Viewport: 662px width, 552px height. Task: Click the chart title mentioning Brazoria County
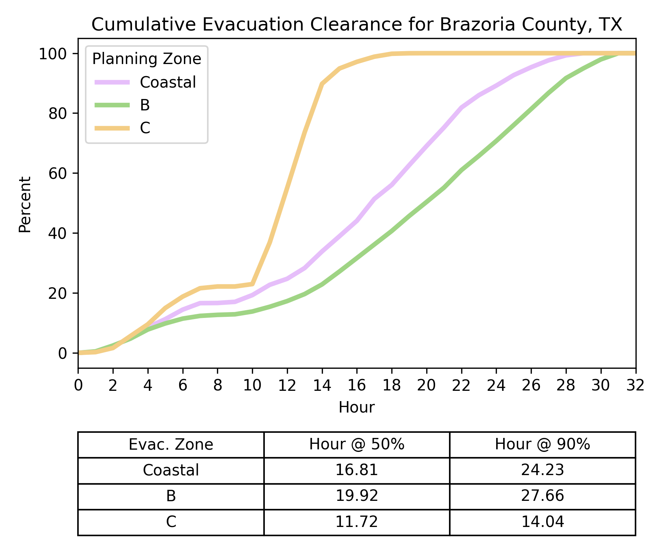[356, 25]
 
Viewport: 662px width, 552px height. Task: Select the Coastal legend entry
[168, 82]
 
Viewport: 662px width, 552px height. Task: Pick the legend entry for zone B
[145, 105]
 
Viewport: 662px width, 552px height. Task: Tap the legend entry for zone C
[145, 128]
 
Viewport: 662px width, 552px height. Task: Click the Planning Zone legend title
[146, 59]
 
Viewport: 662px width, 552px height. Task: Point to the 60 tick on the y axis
[58, 173]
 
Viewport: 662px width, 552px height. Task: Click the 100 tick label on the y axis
[53, 54]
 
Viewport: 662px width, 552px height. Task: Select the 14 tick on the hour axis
[322, 385]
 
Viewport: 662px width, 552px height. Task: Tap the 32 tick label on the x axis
[636, 385]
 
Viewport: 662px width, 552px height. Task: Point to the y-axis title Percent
[25, 205]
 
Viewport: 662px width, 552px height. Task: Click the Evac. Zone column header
[171, 445]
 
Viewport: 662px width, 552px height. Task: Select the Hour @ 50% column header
[356, 445]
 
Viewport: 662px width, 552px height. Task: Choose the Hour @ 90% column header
[542, 445]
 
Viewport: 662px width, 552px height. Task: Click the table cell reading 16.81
[356, 470]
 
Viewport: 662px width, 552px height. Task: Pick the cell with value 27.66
[542, 496]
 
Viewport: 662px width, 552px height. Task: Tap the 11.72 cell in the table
[356, 522]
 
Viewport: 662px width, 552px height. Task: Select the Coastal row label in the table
[171, 470]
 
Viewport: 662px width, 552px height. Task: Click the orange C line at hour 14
[322, 84]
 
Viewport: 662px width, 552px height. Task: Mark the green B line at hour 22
[462, 170]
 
